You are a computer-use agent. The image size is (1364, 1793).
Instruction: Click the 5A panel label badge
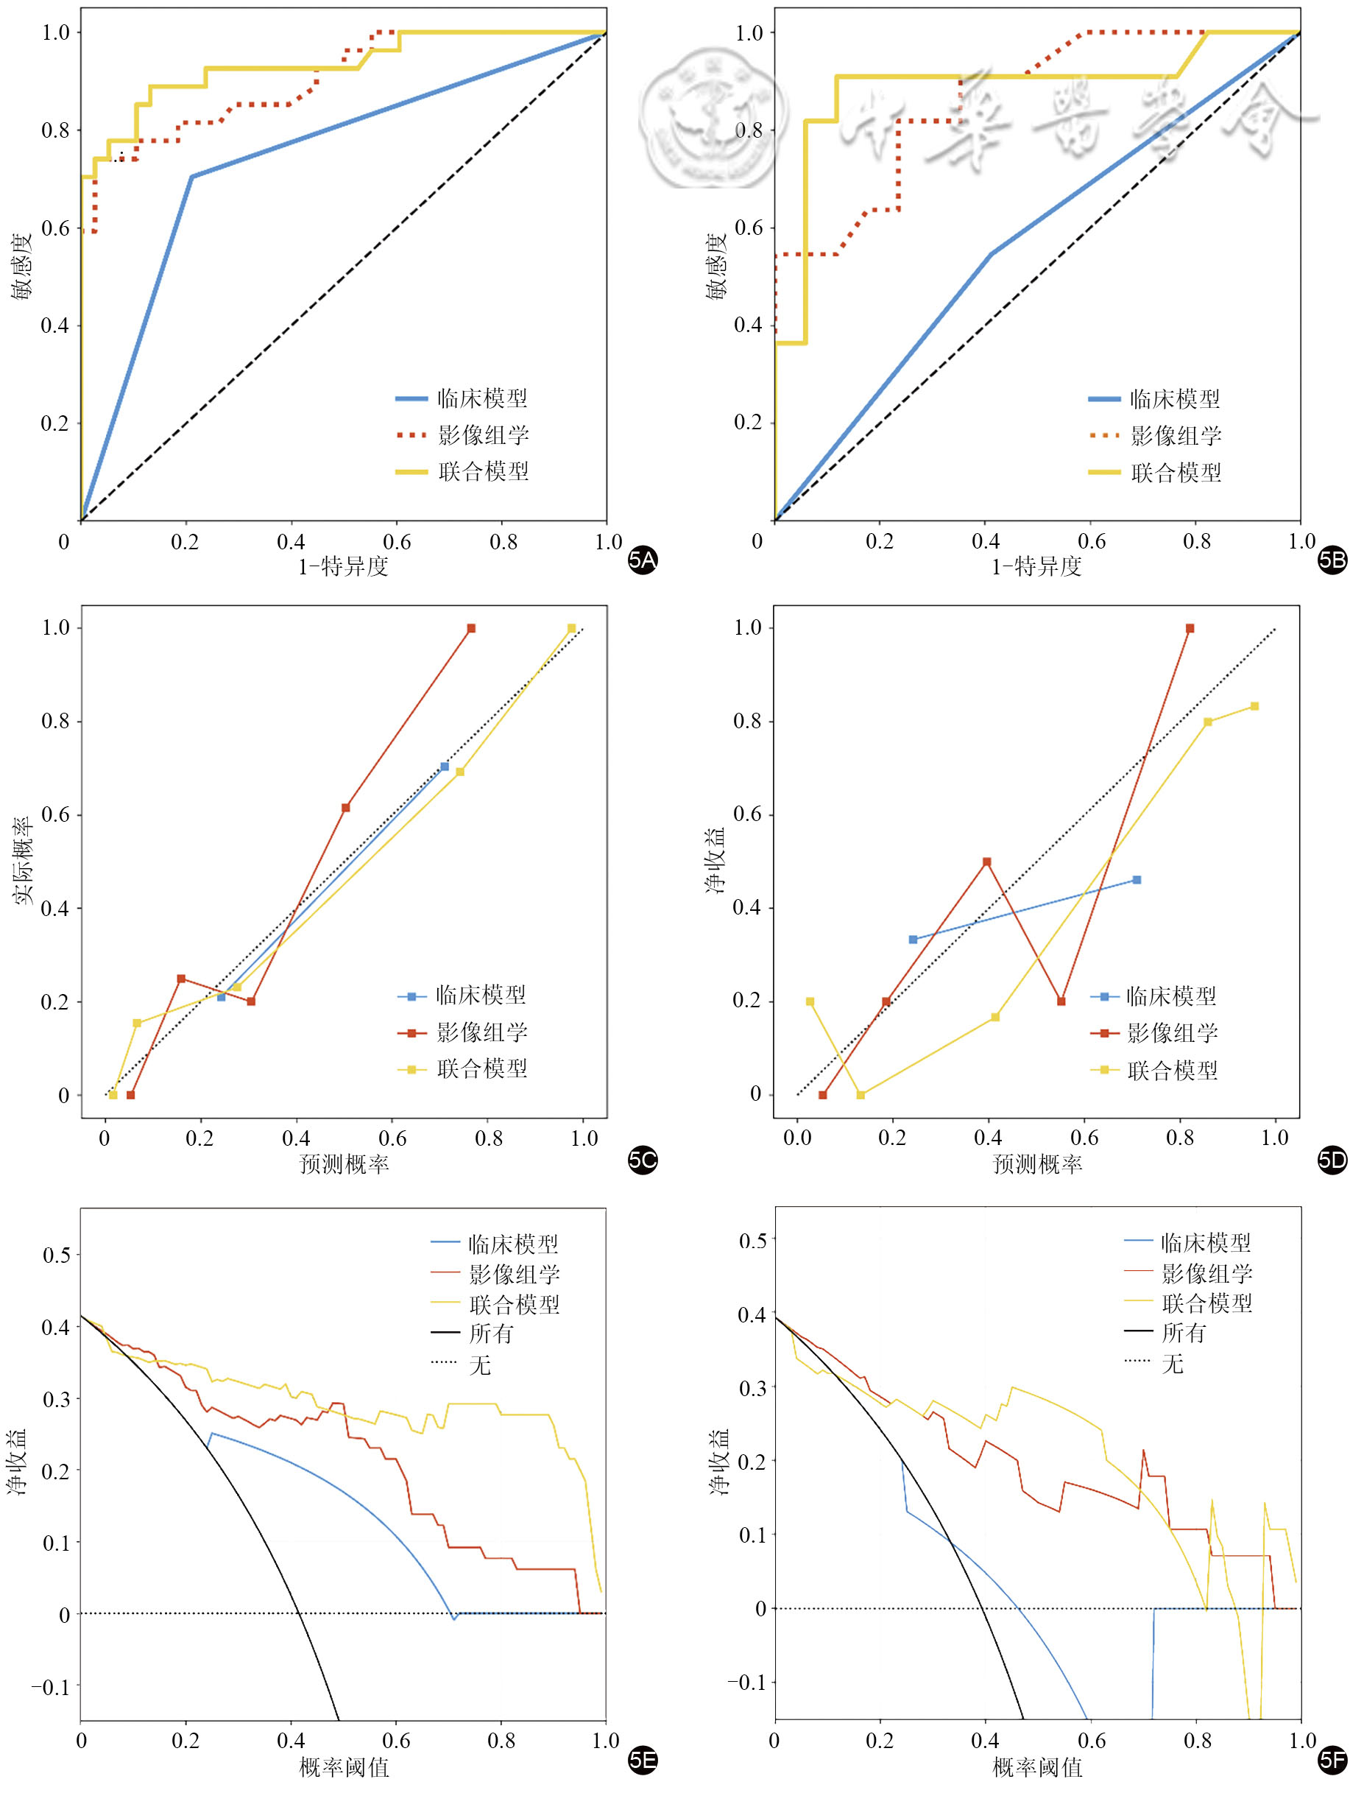pos(642,560)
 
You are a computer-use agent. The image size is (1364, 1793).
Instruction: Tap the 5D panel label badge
pos(1332,1160)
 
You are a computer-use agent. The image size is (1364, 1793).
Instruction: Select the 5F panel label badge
pos(1332,1760)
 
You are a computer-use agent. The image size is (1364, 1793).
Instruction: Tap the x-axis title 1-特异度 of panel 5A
pos(344,566)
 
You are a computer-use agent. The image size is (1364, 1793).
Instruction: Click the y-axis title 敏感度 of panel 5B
pos(715,267)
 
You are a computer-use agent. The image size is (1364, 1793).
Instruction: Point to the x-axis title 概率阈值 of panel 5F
pos(1037,1767)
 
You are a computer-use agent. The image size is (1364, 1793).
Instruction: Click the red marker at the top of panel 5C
pos(471,629)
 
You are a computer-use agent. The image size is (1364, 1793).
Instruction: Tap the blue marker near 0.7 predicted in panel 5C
pos(444,767)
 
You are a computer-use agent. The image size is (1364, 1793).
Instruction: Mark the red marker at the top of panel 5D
pos(1190,629)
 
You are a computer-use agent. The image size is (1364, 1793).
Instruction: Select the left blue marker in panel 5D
pos(913,940)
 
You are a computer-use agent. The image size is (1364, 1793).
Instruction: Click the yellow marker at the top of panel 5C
pos(571,629)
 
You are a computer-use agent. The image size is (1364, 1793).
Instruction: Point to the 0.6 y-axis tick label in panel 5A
pos(55,228)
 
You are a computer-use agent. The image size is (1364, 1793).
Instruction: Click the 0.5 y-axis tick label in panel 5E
pos(56,1255)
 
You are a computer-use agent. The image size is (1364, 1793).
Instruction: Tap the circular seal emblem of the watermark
pos(713,118)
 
